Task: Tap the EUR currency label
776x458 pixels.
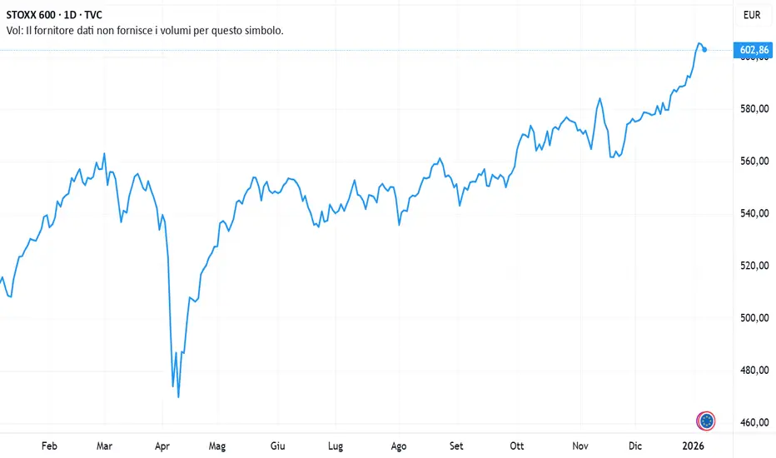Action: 752,15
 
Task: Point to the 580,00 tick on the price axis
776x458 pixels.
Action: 753,109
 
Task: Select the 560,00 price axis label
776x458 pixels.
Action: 753,161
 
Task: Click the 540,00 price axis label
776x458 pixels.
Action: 753,213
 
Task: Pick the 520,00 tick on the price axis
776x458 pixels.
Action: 753,266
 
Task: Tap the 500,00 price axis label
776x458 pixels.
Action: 753,318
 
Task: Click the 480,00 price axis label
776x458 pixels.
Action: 753,371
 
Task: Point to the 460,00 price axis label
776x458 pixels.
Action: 753,422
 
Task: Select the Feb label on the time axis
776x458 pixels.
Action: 49,446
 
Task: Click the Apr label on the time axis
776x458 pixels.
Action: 162,446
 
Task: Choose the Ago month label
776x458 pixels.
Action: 399,446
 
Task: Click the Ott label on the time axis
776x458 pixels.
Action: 517,446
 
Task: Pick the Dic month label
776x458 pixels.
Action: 635,446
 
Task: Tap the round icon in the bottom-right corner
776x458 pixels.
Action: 706,421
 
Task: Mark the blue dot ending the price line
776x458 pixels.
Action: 705,50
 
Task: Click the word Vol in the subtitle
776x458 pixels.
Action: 14,30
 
